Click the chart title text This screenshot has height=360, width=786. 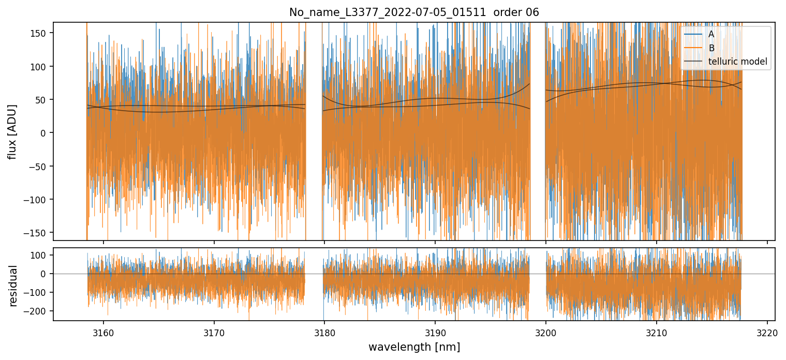point(414,12)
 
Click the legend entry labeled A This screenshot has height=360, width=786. point(711,35)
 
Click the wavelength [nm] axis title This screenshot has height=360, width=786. point(414,347)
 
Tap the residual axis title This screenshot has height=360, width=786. point(13,286)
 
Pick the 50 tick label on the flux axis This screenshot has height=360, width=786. point(41,100)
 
